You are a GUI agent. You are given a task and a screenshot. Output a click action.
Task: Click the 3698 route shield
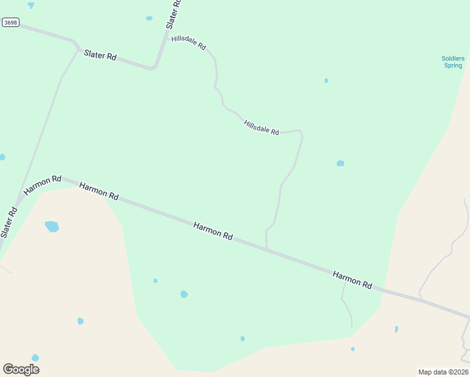(x=11, y=23)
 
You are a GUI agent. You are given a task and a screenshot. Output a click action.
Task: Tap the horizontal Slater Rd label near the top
(x=101, y=56)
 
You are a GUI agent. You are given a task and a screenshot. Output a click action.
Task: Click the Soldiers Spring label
(x=452, y=62)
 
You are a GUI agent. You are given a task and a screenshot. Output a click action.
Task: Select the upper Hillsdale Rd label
(x=189, y=43)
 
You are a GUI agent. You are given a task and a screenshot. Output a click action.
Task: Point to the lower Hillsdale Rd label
(x=261, y=127)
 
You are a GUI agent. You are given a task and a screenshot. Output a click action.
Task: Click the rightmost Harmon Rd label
(x=352, y=280)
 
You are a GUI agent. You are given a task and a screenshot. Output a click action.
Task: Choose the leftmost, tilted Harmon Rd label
(x=42, y=184)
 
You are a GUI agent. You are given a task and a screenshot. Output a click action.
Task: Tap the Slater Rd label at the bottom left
(x=9, y=222)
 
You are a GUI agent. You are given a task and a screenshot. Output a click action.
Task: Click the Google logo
(x=21, y=369)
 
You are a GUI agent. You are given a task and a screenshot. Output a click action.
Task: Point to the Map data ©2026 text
(x=443, y=371)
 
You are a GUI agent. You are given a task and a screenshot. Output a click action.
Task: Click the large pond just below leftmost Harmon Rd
(x=52, y=226)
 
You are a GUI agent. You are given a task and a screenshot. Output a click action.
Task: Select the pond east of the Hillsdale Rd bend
(x=340, y=163)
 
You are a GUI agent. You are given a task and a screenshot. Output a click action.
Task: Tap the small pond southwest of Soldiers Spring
(x=326, y=80)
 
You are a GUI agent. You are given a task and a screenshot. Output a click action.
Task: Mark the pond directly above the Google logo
(x=35, y=358)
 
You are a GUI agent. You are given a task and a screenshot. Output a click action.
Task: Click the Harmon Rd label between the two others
(x=213, y=231)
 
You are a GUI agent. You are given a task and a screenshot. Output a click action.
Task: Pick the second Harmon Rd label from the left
(x=99, y=191)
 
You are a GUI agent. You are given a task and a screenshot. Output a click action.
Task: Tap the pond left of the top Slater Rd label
(x=149, y=18)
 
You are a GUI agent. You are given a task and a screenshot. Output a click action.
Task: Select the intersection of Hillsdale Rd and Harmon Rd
(x=267, y=249)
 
